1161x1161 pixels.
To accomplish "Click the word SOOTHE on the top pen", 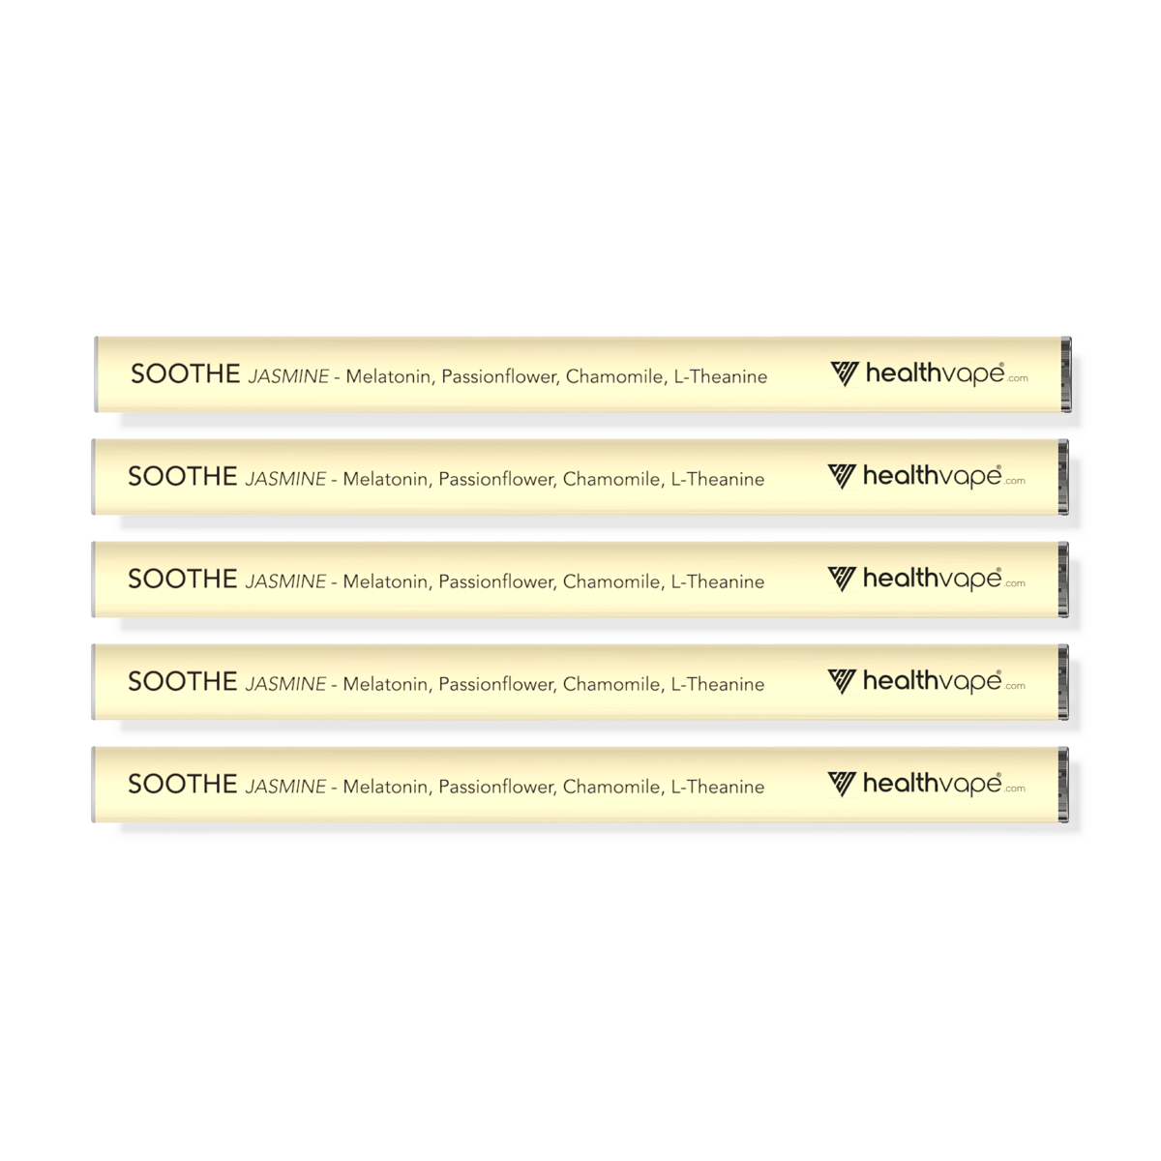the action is (x=186, y=374).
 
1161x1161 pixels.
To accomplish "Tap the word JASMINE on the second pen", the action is (x=285, y=479).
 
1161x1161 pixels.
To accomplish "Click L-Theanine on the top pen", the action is (x=721, y=376).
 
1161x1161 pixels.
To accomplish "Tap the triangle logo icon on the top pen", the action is (x=844, y=374).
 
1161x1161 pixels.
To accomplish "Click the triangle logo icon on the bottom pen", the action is (x=841, y=784).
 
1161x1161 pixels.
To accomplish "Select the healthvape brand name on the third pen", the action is (x=932, y=579).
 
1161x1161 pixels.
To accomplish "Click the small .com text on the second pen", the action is (x=1015, y=481).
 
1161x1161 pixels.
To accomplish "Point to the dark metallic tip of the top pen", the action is (x=1066, y=374).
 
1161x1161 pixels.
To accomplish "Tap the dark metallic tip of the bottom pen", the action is (x=1063, y=785).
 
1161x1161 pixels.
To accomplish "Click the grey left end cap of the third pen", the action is (x=94, y=580).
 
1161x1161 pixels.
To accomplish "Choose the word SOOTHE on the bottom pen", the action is (x=183, y=784).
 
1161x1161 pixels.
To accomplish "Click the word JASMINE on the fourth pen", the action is (x=285, y=684).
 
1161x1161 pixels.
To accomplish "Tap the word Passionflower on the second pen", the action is (x=497, y=480).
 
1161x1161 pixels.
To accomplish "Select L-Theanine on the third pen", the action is (x=718, y=581).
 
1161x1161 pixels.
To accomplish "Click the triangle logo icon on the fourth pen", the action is (x=841, y=681).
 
